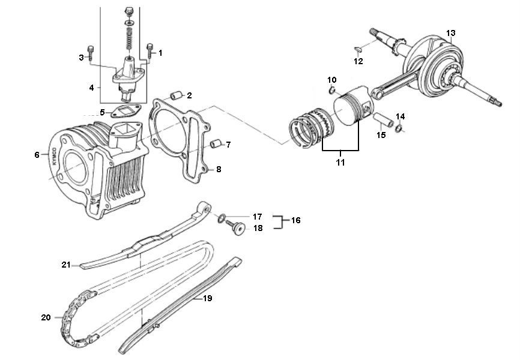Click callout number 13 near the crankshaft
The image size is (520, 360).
click(x=451, y=32)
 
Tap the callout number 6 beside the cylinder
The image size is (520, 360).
click(x=37, y=155)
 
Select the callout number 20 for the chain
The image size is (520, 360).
click(x=46, y=317)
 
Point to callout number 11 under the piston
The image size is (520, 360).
click(x=340, y=163)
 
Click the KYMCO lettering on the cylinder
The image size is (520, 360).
click(x=53, y=158)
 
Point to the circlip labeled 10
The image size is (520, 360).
click(x=331, y=91)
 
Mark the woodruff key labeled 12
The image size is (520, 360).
click(x=357, y=50)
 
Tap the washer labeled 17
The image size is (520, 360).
click(x=222, y=217)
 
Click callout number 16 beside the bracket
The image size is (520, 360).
click(x=295, y=221)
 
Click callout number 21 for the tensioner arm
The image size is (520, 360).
click(x=66, y=265)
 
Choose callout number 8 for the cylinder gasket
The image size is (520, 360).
click(x=219, y=170)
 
